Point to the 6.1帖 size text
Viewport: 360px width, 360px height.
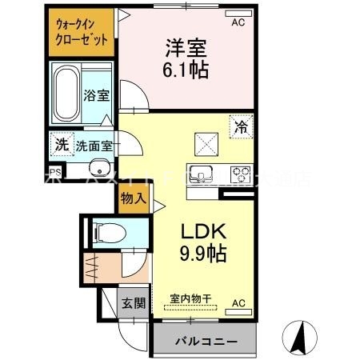click(x=186, y=70)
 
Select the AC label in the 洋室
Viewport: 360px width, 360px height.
click(x=237, y=23)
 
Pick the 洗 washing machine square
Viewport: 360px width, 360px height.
click(x=62, y=145)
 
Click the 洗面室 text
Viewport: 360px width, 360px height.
click(x=94, y=146)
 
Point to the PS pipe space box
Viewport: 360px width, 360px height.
click(x=54, y=171)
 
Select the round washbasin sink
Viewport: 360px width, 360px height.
click(x=99, y=168)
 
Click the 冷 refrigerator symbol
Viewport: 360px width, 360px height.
click(x=242, y=126)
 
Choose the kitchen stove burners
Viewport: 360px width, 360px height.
click(x=240, y=171)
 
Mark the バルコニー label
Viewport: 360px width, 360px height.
click(x=205, y=341)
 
